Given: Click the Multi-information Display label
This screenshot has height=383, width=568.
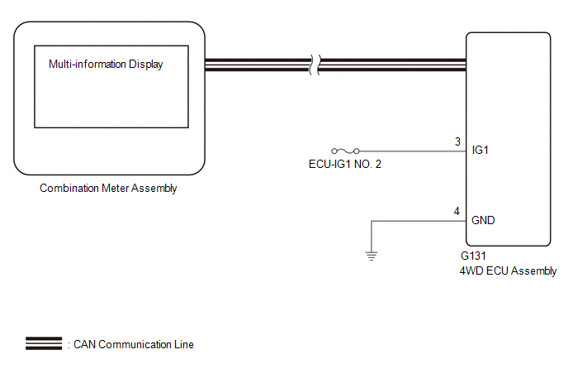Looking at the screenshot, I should tap(106, 65).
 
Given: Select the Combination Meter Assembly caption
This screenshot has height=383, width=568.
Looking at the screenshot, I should tap(108, 189).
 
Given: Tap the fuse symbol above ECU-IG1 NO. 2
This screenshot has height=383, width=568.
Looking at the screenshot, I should tap(344, 151).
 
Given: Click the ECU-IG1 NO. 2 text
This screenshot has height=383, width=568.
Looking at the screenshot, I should tap(344, 164).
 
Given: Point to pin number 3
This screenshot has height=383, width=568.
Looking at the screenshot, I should tap(457, 141).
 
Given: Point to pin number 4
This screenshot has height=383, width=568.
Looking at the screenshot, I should tap(457, 211).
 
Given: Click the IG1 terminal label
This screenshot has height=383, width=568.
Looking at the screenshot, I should tap(480, 151).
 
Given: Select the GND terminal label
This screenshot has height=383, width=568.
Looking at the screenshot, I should tap(483, 221).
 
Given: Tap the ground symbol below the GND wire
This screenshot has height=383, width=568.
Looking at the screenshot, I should tap(372, 256).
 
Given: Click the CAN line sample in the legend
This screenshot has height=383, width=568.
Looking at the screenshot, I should tap(44, 344).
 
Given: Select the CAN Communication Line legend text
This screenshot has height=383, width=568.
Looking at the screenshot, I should tap(133, 344).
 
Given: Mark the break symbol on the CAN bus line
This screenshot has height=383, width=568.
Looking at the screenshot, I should tap(313, 65).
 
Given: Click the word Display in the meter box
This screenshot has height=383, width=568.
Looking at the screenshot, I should tap(144, 65).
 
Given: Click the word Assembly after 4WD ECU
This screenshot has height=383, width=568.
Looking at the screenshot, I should tap(536, 270).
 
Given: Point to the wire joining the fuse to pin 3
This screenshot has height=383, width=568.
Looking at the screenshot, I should tap(409, 151).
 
